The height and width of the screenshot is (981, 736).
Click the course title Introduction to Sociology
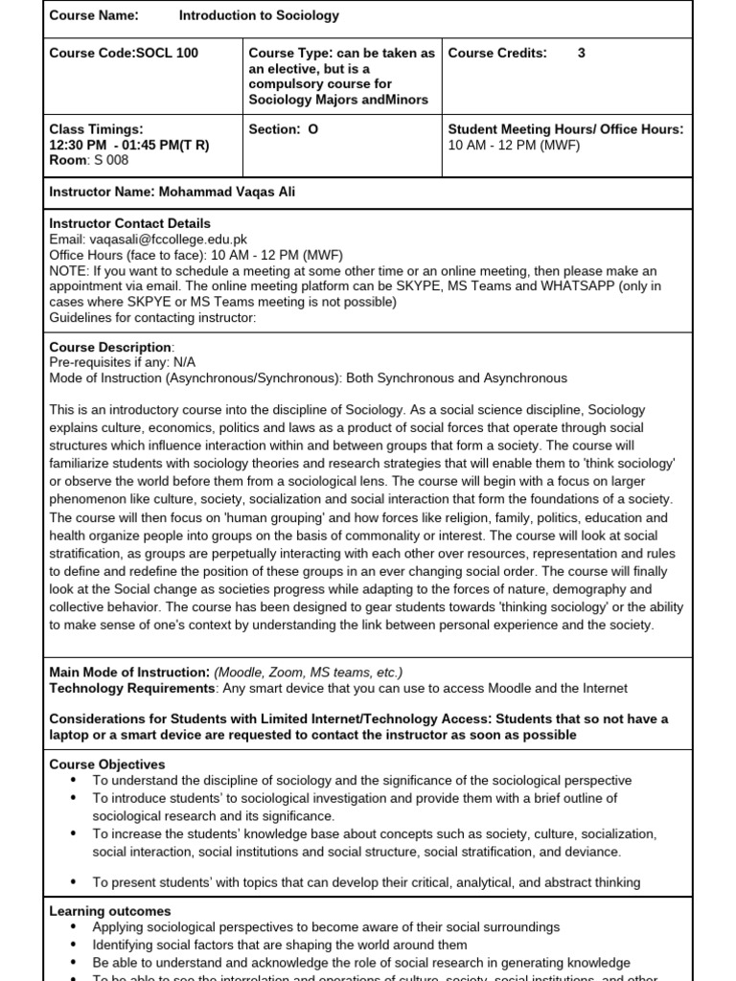(258, 16)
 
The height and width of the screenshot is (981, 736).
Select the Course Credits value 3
(582, 54)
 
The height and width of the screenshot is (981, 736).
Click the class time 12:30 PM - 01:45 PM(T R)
(129, 146)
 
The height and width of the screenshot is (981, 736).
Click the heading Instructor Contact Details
(129, 224)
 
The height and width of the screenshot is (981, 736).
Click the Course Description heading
(110, 348)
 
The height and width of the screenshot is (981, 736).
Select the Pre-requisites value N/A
(186, 363)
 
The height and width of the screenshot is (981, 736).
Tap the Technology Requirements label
(131, 688)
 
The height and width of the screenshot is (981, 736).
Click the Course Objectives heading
(106, 765)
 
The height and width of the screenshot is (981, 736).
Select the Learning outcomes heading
(109, 912)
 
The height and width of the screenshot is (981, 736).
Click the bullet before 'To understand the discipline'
(74, 781)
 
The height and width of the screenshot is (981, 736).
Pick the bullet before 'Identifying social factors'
(74, 944)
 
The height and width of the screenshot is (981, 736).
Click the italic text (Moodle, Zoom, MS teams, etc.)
(308, 673)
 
